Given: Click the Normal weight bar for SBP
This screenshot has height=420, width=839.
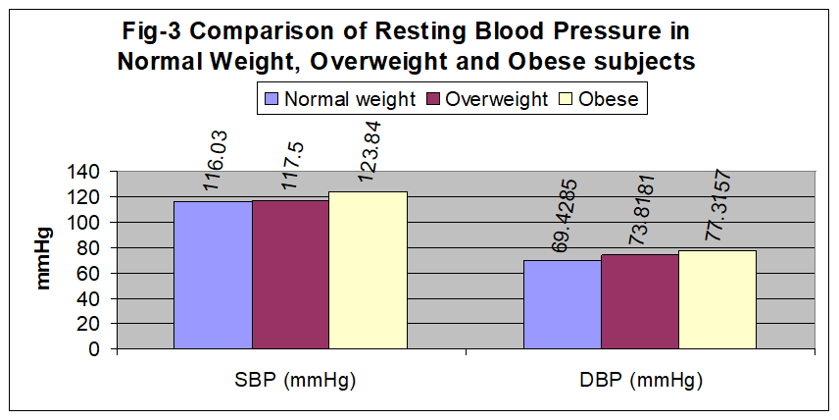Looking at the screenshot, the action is click(x=213, y=276).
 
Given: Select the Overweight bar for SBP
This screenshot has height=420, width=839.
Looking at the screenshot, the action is click(x=290, y=275).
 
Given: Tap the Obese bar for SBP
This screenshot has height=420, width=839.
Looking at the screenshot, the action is click(x=369, y=271).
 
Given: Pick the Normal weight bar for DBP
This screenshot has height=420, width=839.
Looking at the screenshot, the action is click(x=563, y=305).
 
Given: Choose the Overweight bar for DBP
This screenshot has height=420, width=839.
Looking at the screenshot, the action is click(x=640, y=301).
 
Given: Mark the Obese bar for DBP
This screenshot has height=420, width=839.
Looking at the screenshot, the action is click(x=717, y=299).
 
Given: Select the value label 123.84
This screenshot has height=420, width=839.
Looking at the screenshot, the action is click(x=369, y=151).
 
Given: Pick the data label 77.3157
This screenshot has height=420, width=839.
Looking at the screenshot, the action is click(x=718, y=203).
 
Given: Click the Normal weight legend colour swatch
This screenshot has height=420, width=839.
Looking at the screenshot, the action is click(x=271, y=99).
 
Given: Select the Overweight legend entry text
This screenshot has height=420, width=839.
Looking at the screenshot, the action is click(x=497, y=99).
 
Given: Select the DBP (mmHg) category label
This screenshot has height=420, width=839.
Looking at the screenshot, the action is click(x=640, y=381).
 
